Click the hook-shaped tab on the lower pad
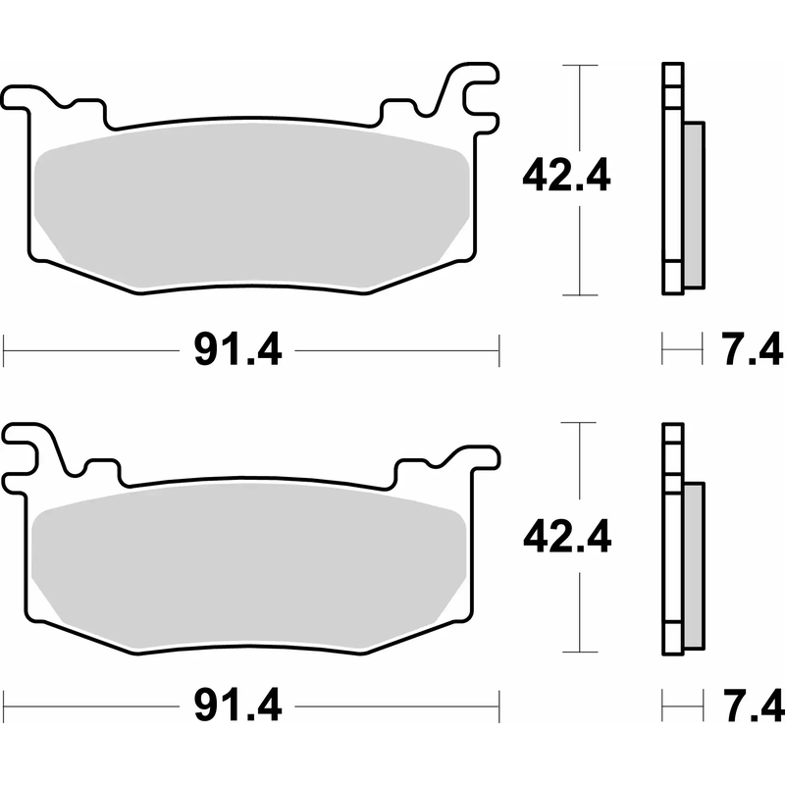click(x=29, y=447)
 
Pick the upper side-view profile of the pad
click(x=673, y=177)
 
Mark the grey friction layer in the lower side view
click(x=693, y=564)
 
